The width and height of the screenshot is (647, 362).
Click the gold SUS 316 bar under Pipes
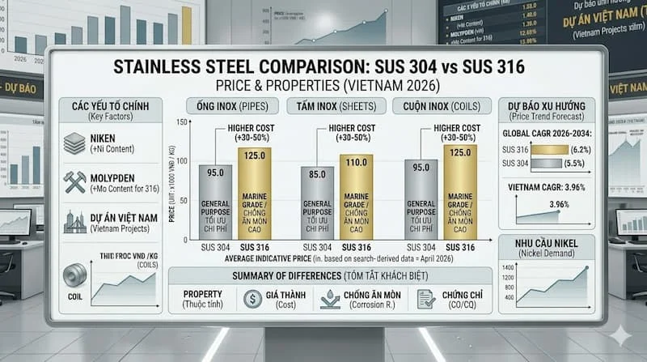click(x=255, y=194)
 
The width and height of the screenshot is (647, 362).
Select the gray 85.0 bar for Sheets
click(x=317, y=202)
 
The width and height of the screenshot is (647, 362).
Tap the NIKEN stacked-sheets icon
click(x=74, y=143)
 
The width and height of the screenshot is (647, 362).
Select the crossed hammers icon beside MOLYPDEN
click(x=74, y=182)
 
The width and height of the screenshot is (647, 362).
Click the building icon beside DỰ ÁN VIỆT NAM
click(x=74, y=222)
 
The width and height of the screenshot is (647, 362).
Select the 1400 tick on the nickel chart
click(x=508, y=266)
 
